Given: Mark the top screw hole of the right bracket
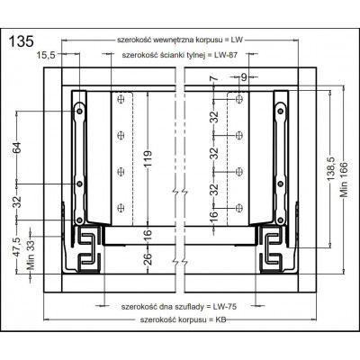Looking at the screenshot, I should (278, 109).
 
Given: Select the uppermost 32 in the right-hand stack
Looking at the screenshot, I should (213, 118).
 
